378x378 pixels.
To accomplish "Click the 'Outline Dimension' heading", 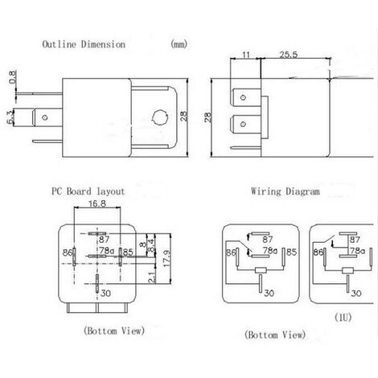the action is coord(84,44).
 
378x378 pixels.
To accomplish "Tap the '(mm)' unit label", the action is coord(179,43).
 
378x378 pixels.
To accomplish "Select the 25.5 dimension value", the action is coord(289,55).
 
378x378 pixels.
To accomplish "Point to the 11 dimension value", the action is coord(246,55).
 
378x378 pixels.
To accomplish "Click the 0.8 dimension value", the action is coord(12,77).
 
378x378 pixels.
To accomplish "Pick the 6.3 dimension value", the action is coord(10,117).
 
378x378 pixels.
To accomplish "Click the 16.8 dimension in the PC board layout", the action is coord(97,203).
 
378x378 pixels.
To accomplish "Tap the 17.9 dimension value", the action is coord(166,258).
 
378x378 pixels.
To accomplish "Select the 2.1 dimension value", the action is coord(152,277).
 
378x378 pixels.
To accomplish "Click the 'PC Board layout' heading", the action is coord(88,191).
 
